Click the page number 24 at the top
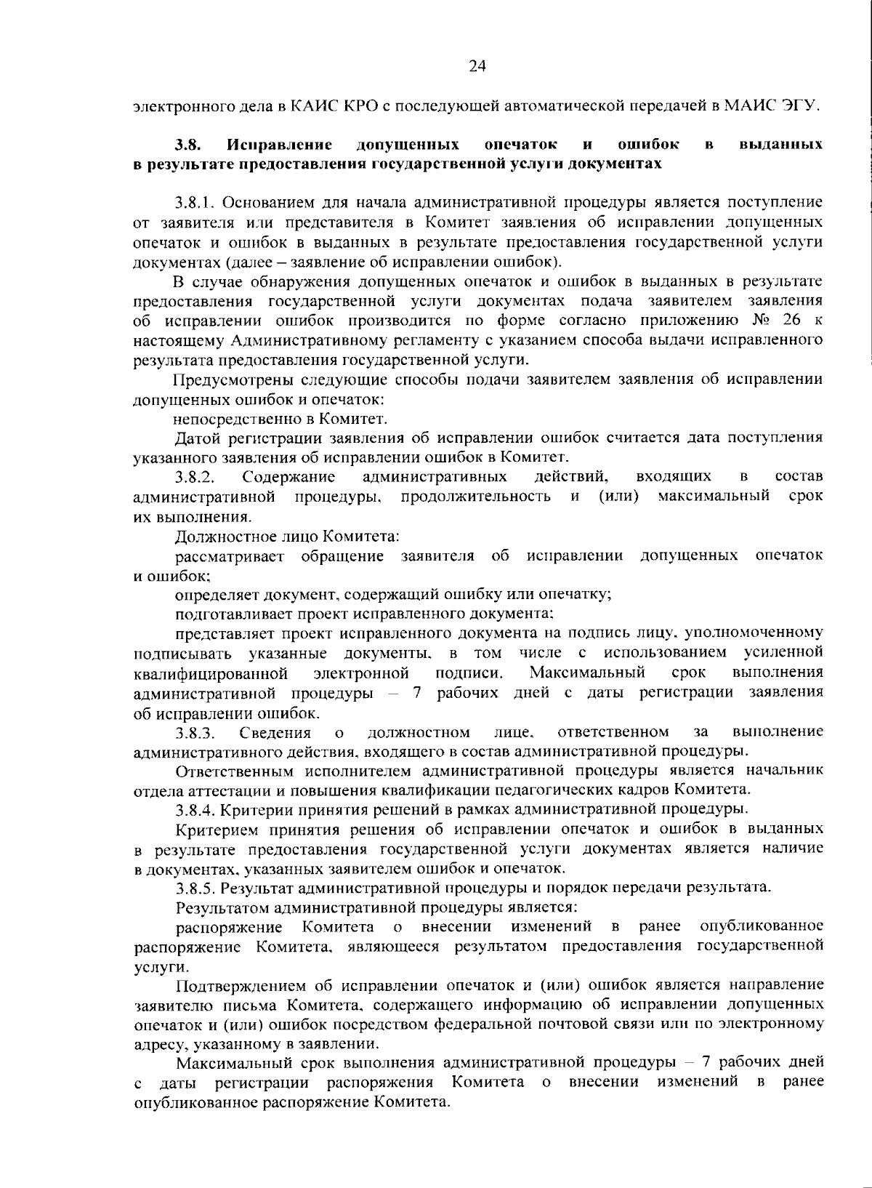tap(477, 67)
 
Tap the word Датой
tap(195, 438)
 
